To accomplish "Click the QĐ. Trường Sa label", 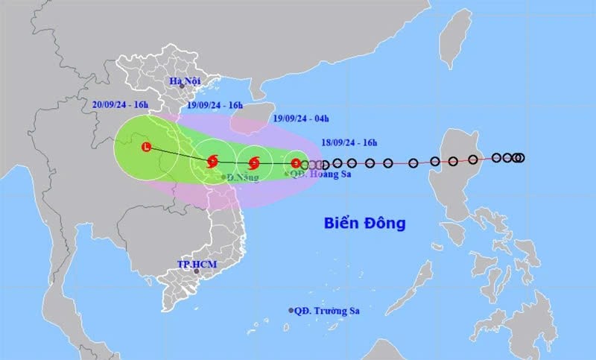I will (326, 310).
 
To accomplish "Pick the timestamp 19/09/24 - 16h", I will (215, 105).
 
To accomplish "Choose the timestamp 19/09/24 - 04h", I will (301, 118).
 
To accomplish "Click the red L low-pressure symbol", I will (146, 148).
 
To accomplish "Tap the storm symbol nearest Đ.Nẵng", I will (212, 160).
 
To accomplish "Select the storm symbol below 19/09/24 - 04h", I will (254, 162).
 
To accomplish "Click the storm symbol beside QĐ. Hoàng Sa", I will (296, 163).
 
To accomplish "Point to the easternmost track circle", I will (520, 157).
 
